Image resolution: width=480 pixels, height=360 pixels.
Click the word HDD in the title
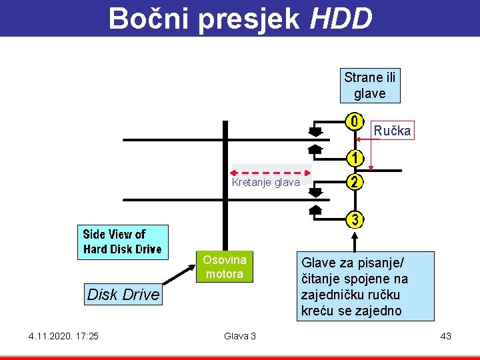pyautogui.click(x=341, y=19)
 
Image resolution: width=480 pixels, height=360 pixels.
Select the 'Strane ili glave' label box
pyautogui.click(x=370, y=85)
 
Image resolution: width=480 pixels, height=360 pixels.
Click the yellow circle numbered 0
pyautogui.click(x=355, y=122)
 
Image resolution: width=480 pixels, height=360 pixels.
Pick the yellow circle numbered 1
pyautogui.click(x=355, y=159)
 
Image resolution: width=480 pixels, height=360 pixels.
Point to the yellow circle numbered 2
pyautogui.click(x=355, y=182)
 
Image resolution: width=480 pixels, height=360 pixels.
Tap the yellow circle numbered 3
pyautogui.click(x=355, y=219)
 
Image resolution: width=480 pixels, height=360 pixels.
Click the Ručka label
pyautogui.click(x=392, y=130)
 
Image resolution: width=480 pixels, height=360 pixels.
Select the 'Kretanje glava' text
pyautogui.click(x=265, y=183)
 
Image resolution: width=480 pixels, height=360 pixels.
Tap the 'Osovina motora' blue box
pyautogui.click(x=225, y=267)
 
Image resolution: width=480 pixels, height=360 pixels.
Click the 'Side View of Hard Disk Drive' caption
pyautogui.click(x=122, y=241)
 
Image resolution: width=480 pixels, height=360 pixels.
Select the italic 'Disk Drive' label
pyautogui.click(x=123, y=294)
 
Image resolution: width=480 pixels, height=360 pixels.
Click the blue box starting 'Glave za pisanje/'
pyautogui.click(x=365, y=286)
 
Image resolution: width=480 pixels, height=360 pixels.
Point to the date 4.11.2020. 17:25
pyautogui.click(x=63, y=335)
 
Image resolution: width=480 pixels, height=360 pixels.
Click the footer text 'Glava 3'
pyautogui.click(x=240, y=335)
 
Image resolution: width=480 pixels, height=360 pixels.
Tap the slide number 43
pyautogui.click(x=445, y=335)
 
